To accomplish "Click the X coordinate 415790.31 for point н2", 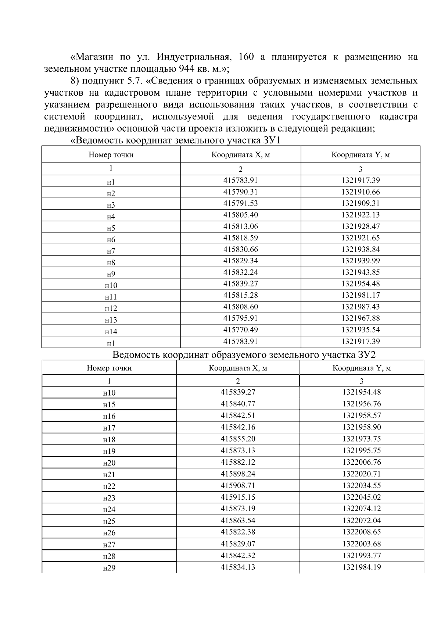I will pyautogui.click(x=240, y=192).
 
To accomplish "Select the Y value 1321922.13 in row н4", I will pyautogui.click(x=360, y=215).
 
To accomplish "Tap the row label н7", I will pyautogui.click(x=111, y=252).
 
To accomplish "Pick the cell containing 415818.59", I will pyautogui.click(x=240, y=238).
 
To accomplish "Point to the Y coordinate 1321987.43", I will pyautogui.click(x=360, y=307).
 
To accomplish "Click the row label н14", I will pyautogui.click(x=111, y=332).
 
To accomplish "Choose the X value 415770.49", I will pyautogui.click(x=240, y=329).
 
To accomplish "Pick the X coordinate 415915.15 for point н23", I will pyautogui.click(x=237, y=497).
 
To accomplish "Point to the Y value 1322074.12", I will pyautogui.click(x=362, y=509).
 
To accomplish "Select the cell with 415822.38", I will pyautogui.click(x=237, y=532).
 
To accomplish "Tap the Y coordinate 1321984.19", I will pyautogui.click(x=362, y=567).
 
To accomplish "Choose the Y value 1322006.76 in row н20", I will pyautogui.click(x=362, y=462).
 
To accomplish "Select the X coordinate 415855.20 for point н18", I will pyautogui.click(x=237, y=439).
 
